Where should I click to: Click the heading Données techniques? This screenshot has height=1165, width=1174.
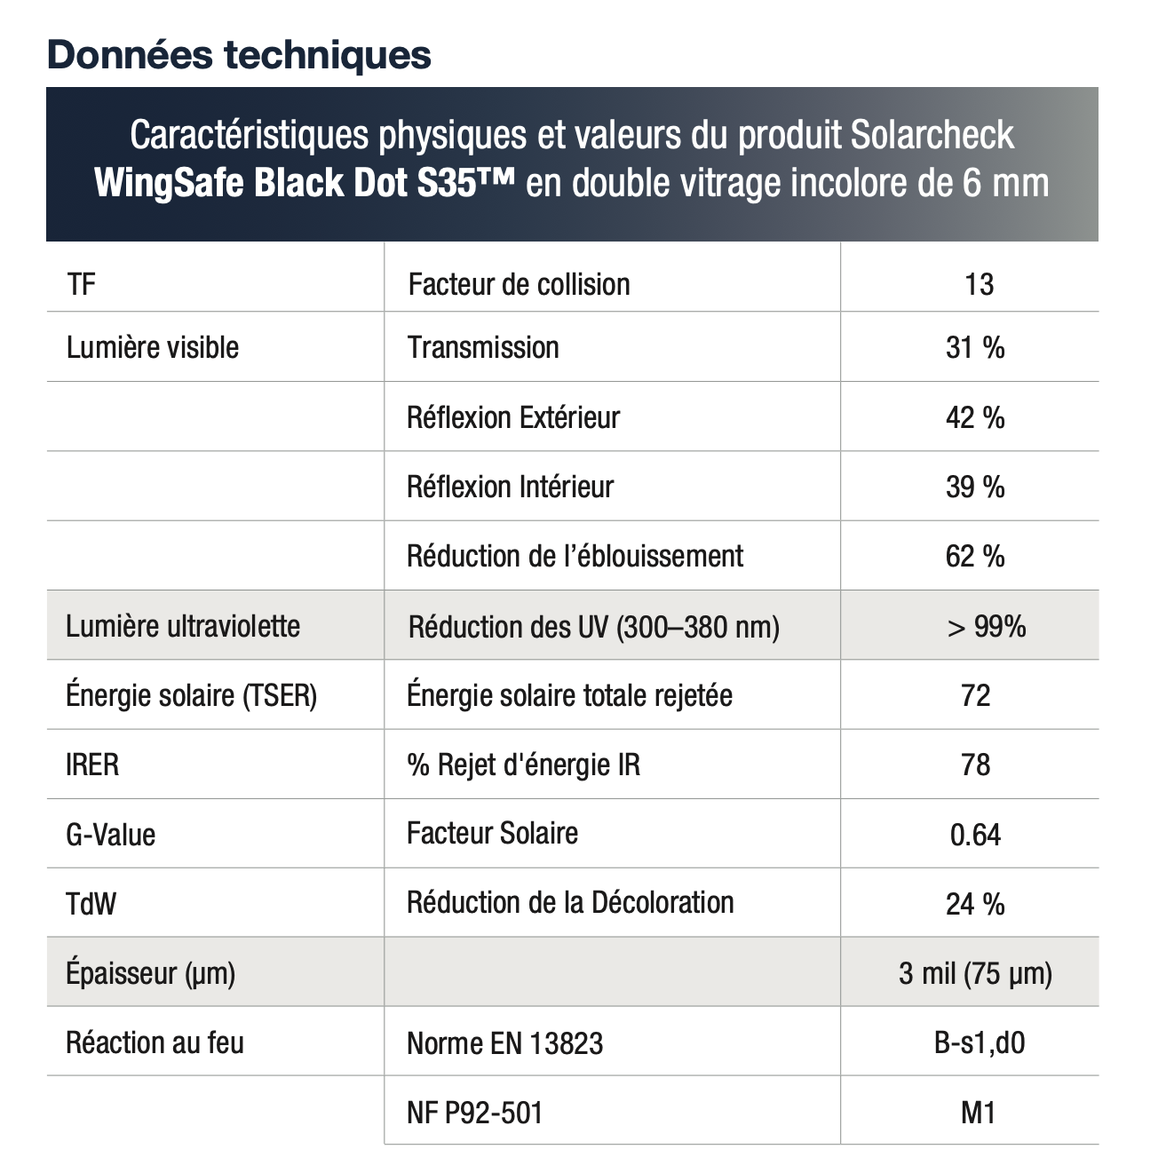[x=239, y=55]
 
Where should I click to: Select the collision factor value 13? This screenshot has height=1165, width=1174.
[x=979, y=284]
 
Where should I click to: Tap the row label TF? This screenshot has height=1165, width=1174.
[x=81, y=284]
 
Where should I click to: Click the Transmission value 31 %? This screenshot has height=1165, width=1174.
[x=975, y=348]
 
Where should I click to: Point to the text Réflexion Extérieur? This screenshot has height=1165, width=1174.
[x=513, y=418]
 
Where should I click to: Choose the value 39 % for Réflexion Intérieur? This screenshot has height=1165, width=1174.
[x=975, y=487]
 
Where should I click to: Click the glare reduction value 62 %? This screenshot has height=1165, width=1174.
[x=975, y=556]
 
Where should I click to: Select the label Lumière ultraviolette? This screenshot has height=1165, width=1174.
[x=183, y=626]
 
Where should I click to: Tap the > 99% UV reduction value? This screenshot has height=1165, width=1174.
[x=987, y=626]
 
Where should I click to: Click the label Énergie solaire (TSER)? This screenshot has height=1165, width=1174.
[x=191, y=695]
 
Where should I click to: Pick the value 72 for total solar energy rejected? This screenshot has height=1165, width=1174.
[x=975, y=696]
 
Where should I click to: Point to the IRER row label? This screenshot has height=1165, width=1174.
[x=92, y=765]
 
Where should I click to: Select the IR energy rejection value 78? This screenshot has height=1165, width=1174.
[x=975, y=765]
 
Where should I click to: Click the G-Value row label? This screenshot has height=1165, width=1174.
[x=110, y=835]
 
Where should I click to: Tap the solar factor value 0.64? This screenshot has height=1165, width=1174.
[x=975, y=835]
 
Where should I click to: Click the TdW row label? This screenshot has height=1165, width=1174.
[x=91, y=904]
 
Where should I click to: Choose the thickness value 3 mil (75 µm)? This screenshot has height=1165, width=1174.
[x=975, y=974]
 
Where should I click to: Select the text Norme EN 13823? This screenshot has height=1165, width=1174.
[x=504, y=1043]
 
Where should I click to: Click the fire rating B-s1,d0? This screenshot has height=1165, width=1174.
[x=979, y=1043]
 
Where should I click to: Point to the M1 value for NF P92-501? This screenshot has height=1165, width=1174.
[x=978, y=1113]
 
